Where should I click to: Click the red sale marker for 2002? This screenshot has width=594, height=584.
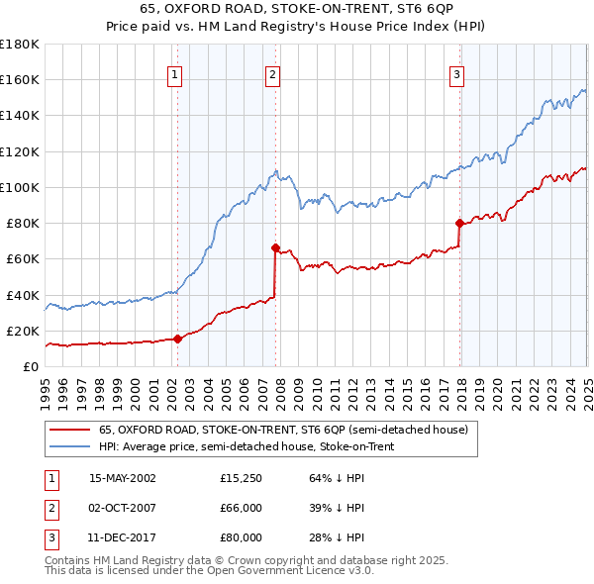(178, 339)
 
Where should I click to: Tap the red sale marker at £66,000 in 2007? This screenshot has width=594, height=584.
(275, 247)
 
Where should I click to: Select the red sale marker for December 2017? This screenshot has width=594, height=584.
(459, 223)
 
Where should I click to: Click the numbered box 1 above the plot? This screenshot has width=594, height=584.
(174, 73)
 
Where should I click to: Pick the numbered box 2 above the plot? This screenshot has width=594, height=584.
(272, 73)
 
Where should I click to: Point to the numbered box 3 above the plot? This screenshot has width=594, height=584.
(456, 73)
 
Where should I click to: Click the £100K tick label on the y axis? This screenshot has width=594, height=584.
(20, 187)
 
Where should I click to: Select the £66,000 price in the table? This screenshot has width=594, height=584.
(242, 508)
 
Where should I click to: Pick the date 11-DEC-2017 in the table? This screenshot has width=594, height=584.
(122, 537)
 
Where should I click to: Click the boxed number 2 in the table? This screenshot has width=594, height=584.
(49, 508)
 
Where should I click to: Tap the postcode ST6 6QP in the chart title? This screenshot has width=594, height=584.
(424, 10)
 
